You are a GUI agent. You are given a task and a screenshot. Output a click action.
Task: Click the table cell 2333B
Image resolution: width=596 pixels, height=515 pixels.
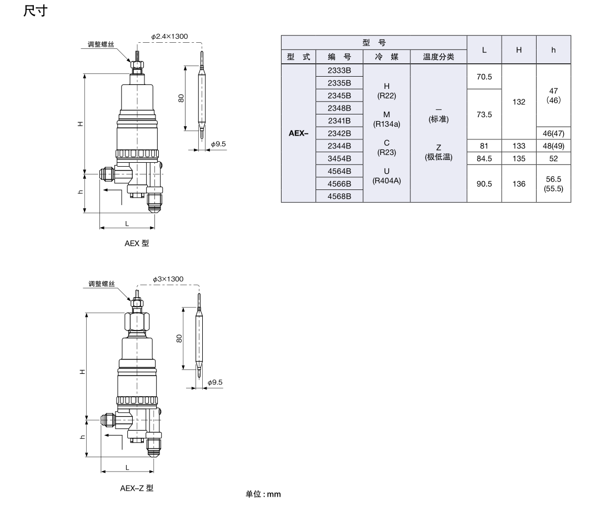pos(339,71)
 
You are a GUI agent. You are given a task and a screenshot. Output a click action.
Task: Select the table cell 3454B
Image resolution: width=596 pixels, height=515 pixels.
pos(339,158)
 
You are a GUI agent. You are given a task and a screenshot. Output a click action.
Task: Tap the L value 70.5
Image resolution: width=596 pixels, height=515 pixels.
pos(484,77)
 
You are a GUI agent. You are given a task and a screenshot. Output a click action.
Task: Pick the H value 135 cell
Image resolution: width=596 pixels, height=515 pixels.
pos(519,158)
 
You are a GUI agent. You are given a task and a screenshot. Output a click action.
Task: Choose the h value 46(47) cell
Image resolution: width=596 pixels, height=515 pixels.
pos(553,133)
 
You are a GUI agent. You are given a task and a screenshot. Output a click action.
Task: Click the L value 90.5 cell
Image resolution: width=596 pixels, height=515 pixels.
pos(484,184)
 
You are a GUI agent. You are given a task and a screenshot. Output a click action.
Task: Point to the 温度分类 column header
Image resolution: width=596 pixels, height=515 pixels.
pos(439,57)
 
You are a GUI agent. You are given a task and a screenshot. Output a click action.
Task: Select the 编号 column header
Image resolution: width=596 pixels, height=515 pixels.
pos(339,57)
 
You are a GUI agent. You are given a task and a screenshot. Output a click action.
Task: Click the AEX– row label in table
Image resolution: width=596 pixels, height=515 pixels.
pos(298,133)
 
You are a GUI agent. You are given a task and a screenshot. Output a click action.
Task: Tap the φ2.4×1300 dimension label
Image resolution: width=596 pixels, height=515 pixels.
pos(169,37)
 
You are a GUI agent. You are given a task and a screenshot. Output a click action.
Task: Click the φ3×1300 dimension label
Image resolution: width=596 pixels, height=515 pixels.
pos(168,279)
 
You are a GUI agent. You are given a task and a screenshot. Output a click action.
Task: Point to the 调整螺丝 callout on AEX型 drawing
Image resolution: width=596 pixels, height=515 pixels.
pos(101,44)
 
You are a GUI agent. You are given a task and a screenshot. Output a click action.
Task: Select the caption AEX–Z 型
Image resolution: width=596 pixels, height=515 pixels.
pos(137,488)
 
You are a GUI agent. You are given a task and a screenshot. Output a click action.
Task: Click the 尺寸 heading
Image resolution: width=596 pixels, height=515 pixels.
pos(36,11)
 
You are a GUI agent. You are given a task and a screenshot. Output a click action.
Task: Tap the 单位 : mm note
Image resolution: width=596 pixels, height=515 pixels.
pos(263,494)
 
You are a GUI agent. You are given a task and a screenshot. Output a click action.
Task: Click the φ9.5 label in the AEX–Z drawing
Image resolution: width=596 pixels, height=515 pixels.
pos(215,382)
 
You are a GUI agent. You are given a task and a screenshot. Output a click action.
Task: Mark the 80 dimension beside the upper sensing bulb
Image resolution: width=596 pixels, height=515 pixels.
pos(181,98)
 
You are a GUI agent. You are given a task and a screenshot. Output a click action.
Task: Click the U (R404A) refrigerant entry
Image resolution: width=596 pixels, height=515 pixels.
pos(387,176)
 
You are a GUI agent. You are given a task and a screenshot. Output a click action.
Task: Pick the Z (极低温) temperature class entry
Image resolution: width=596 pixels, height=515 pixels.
pos(439,152)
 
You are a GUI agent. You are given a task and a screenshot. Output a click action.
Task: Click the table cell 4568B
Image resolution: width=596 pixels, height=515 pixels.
pos(339,196)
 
